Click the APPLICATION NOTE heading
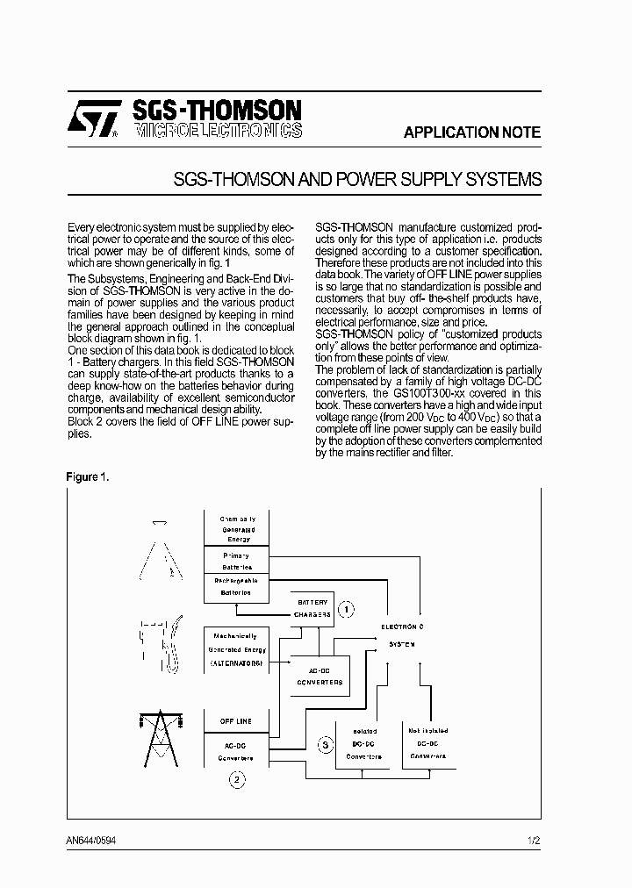point(472,133)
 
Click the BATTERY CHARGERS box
point(313,608)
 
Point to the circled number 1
point(348,608)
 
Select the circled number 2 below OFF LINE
point(234,777)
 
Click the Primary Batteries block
point(235,562)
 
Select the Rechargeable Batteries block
point(235,586)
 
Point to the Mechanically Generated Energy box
point(234,649)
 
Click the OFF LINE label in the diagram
point(234,721)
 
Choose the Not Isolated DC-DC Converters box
point(427,742)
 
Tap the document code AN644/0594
point(91,840)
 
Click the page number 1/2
point(534,840)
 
